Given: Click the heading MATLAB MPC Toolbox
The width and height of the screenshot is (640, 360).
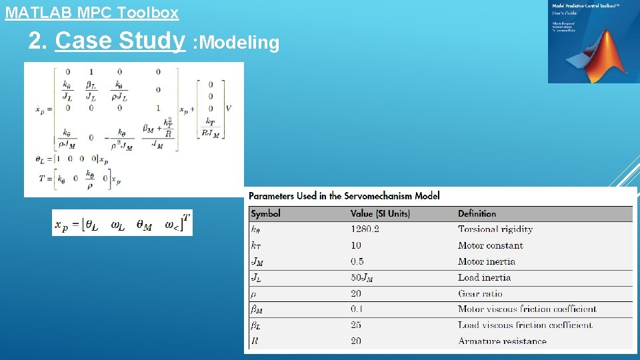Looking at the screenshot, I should tap(92, 12).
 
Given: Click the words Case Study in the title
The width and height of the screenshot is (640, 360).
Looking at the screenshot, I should tap(120, 41).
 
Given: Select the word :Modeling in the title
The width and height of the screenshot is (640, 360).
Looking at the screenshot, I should tap(236, 43).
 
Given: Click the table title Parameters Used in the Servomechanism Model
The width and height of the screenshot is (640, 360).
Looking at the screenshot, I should tap(344, 195).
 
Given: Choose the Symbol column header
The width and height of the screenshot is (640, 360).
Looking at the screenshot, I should tap(265, 213).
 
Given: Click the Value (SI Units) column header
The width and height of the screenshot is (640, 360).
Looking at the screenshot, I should tap(380, 213).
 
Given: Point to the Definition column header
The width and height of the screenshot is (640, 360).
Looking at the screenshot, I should tap(477, 213).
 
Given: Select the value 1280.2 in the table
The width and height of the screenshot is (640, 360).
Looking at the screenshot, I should tap(365, 229).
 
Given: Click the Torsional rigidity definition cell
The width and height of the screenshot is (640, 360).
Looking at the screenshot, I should tap(495, 229).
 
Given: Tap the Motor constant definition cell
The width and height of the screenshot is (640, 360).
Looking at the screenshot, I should tap(490, 245).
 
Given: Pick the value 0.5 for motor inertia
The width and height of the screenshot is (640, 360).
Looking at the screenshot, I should tap(357, 261).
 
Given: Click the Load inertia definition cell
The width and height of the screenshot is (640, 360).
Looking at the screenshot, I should tap(484, 277).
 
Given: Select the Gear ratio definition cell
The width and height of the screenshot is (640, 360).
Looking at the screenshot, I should tap(480, 293).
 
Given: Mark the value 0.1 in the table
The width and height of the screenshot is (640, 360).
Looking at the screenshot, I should tap(357, 309).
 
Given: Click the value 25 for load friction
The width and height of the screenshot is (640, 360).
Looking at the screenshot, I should tap(356, 325).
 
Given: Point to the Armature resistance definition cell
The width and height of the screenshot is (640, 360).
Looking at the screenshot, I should tap(502, 341).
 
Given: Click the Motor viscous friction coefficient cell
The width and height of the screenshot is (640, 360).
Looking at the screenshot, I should tap(527, 309).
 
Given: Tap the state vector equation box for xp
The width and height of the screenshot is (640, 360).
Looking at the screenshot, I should tap(122, 223).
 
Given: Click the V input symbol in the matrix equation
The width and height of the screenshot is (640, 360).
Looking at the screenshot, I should tap(229, 108).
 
